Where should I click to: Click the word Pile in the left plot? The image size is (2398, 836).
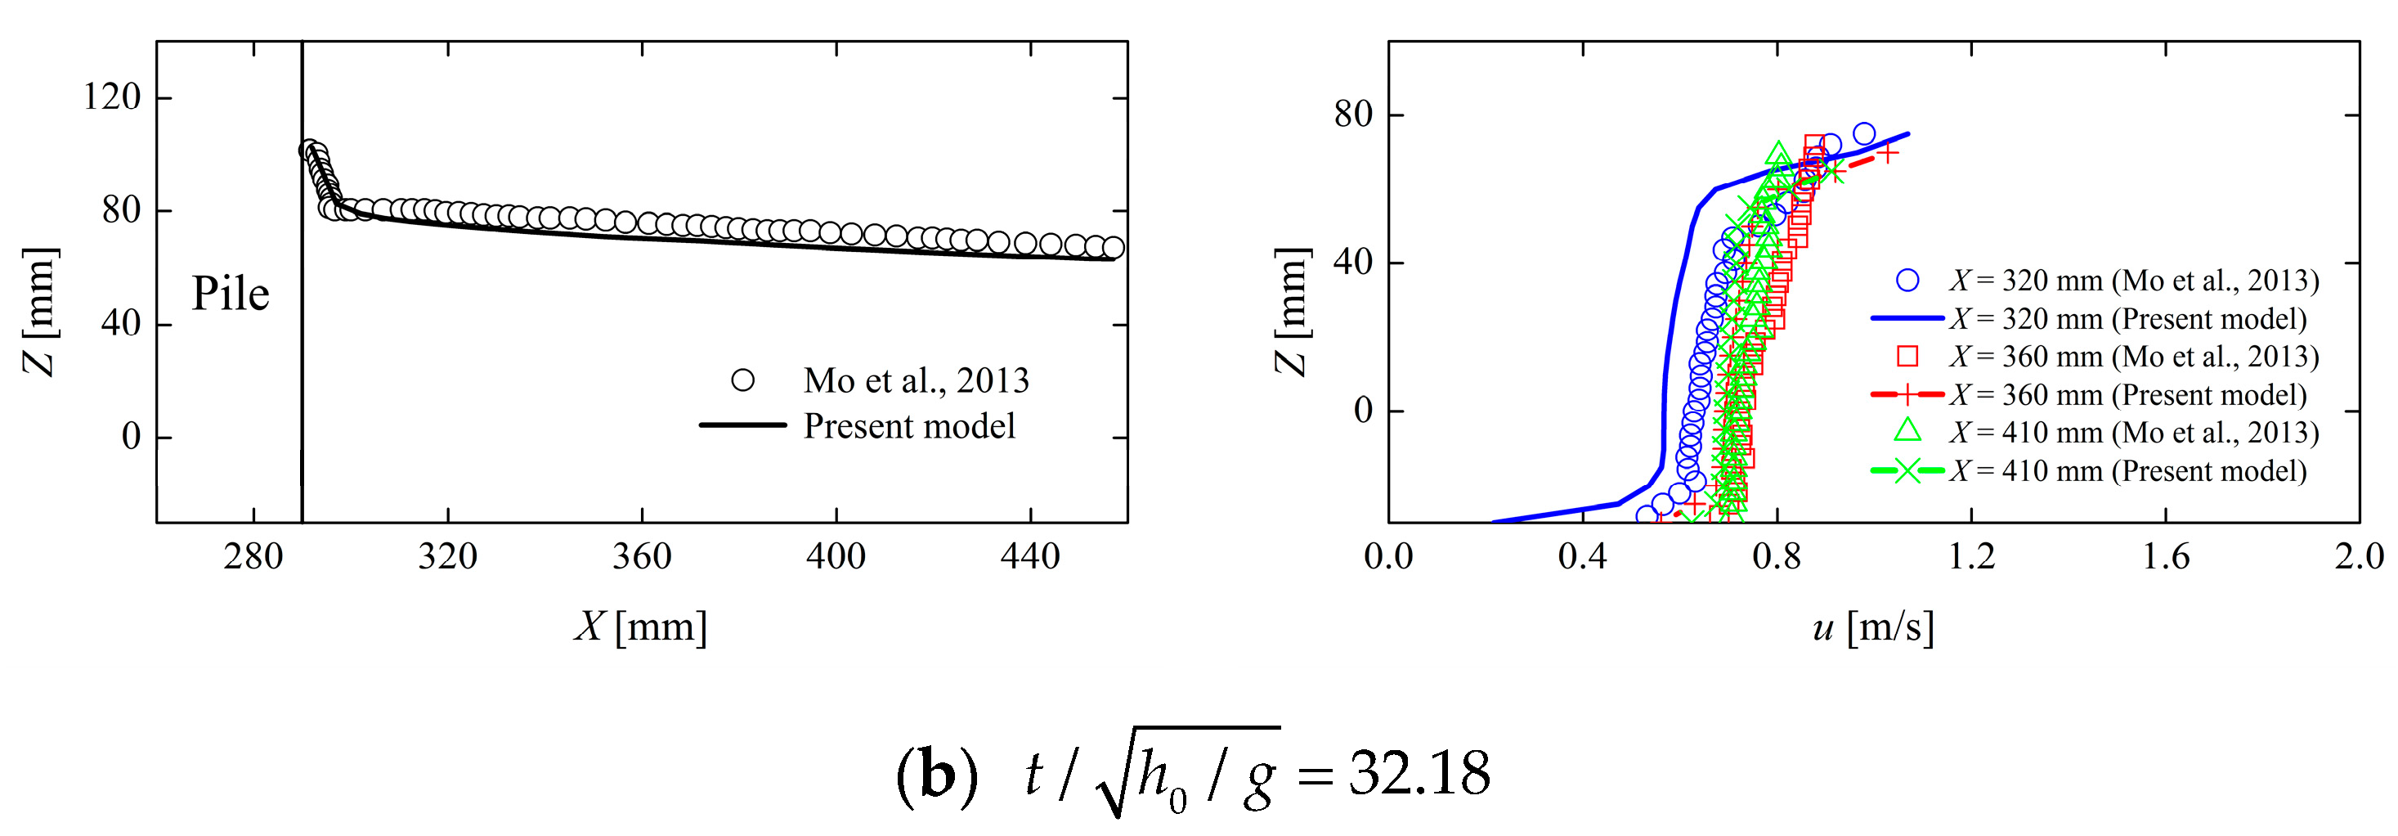[230, 294]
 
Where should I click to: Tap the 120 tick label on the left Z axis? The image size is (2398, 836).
[112, 97]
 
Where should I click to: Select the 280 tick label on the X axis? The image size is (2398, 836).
[253, 557]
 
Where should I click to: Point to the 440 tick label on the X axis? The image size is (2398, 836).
[1029, 557]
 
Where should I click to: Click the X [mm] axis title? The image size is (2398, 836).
[640, 627]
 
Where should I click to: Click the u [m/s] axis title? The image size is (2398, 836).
[1873, 627]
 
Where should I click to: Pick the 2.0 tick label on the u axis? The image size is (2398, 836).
[2359, 557]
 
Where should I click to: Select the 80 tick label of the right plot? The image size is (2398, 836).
[1354, 115]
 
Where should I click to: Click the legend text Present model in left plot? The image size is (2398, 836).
[908, 426]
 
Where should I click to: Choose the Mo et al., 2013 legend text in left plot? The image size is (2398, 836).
[916, 380]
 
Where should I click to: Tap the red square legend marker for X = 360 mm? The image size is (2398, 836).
[1907, 357]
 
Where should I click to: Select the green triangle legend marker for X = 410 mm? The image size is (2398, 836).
[1907, 430]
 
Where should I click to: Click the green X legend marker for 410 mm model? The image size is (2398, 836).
[1907, 471]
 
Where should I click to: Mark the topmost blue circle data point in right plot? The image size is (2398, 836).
[1863, 134]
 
